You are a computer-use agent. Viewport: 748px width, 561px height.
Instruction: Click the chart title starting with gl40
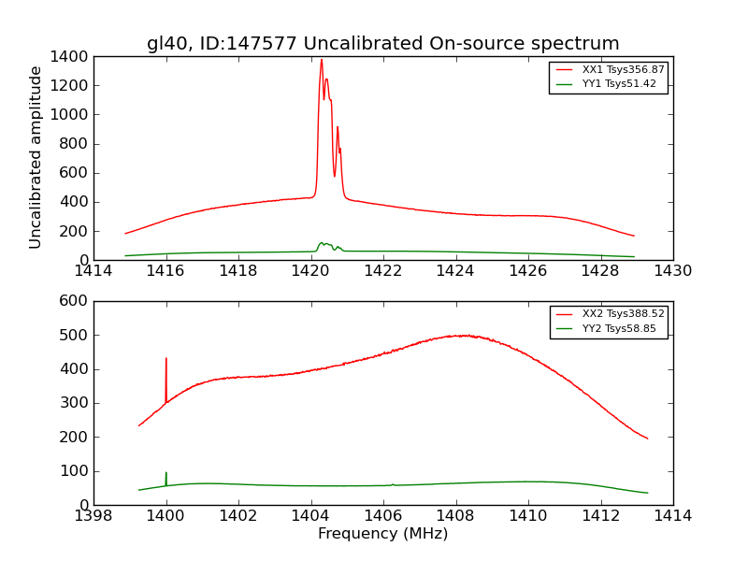(x=382, y=44)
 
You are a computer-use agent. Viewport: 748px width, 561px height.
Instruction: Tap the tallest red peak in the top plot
(x=322, y=62)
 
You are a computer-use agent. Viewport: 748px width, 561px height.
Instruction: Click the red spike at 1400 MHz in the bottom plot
(x=166, y=360)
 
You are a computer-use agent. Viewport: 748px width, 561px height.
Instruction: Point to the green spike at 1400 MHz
(x=166, y=475)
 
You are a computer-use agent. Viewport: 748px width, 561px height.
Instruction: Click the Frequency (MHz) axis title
(x=382, y=534)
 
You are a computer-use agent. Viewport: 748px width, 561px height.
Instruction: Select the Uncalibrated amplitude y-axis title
(x=36, y=157)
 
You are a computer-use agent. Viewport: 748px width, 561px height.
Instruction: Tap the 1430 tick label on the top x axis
(x=672, y=271)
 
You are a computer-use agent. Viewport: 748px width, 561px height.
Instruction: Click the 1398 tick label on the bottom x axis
(x=94, y=516)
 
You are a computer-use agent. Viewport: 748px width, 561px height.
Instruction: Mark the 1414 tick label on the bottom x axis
(x=672, y=516)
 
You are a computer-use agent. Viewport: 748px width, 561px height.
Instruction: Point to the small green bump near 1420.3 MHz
(x=322, y=243)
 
